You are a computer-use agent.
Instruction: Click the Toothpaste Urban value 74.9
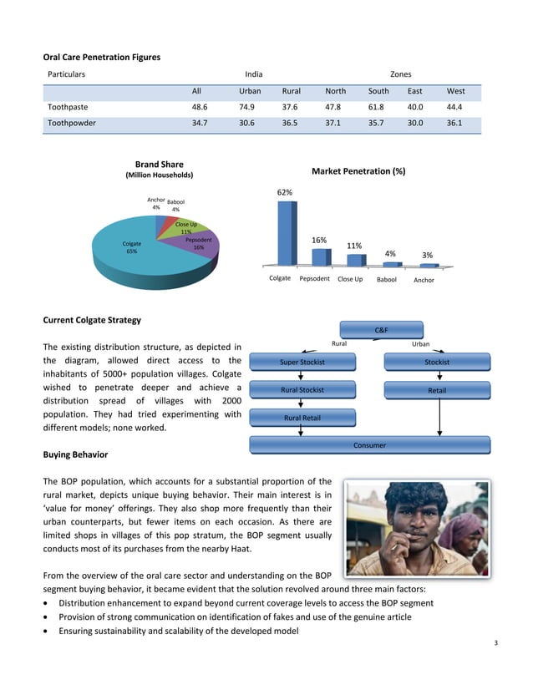(x=250, y=108)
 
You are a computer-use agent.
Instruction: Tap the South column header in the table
(x=378, y=90)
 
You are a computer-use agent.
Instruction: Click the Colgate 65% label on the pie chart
(x=131, y=247)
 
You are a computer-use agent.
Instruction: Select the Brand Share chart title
(x=159, y=165)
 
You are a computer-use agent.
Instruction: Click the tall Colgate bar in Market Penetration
(x=285, y=234)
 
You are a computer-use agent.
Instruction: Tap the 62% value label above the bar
(x=285, y=192)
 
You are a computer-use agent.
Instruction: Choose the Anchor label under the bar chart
(x=424, y=280)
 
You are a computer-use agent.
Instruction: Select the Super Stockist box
(x=302, y=362)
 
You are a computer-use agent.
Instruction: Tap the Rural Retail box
(x=302, y=418)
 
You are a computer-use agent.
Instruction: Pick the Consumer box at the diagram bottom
(x=368, y=445)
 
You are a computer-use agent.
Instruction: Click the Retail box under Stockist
(x=436, y=389)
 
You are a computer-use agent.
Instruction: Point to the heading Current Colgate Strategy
(x=92, y=321)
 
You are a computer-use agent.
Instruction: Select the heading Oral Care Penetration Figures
(x=101, y=57)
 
